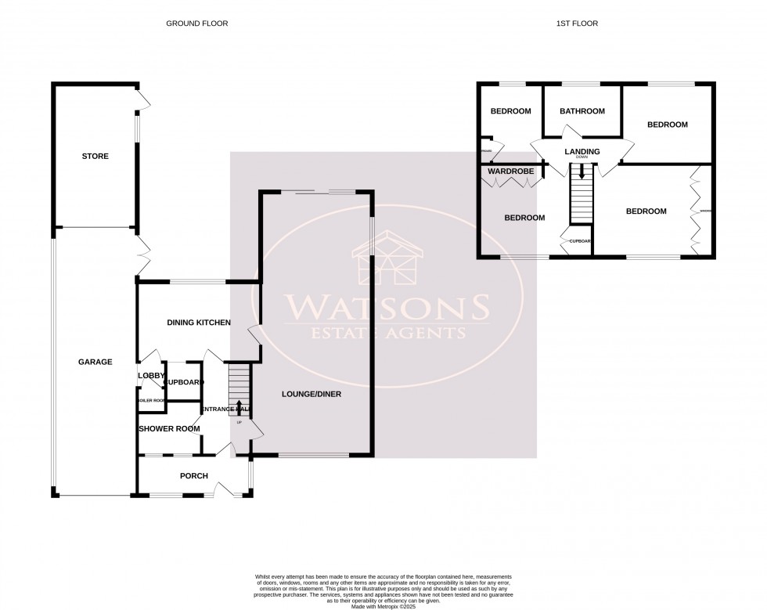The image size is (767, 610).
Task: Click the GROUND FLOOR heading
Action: point(196,23)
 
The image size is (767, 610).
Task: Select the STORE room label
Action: point(95,157)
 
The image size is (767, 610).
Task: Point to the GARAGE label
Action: point(95,362)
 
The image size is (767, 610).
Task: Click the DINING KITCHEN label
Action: point(199,323)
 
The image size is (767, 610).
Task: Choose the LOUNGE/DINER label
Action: point(311,394)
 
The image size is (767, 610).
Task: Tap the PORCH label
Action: point(193,475)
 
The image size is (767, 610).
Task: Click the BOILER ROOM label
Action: point(151,400)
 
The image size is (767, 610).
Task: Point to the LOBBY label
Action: point(151,376)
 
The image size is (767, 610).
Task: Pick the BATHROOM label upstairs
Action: point(582,111)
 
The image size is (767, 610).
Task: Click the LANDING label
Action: point(582,151)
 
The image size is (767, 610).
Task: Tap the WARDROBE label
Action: point(510,171)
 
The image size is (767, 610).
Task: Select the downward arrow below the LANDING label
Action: point(582,166)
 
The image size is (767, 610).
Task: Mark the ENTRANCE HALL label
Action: point(225,410)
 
